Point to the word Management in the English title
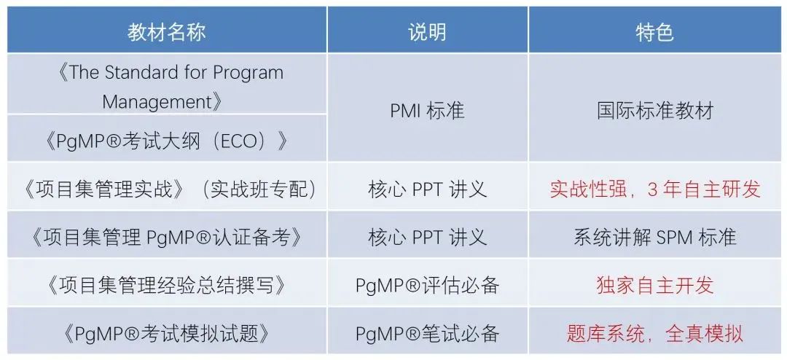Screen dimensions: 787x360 [x=157, y=102]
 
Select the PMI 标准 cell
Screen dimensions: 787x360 [x=427, y=111]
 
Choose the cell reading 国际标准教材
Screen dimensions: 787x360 [x=654, y=111]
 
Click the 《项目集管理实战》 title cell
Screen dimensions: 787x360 [x=166, y=189]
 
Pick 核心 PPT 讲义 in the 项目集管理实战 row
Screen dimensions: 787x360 [x=427, y=189]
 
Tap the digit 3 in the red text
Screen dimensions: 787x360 [x=652, y=190]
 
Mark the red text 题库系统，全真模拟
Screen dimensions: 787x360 [x=654, y=333]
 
